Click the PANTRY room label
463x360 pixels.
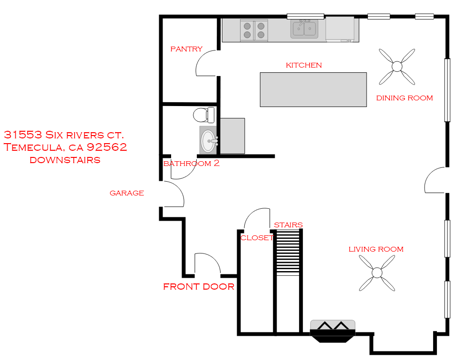[186, 49]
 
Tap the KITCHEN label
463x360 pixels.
[304, 65]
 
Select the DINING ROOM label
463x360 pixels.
[405, 98]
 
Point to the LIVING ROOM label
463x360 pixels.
[376, 249]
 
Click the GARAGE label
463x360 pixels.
[126, 193]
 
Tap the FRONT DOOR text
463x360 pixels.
[199, 286]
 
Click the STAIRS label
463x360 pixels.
[288, 225]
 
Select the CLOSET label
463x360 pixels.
[257, 238]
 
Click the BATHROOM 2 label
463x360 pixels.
[192, 163]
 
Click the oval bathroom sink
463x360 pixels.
[209, 141]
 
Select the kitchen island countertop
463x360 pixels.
[313, 89]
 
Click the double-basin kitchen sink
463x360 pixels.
[304, 29]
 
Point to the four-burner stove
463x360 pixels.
[254, 30]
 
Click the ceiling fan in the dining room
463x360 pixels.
[397, 67]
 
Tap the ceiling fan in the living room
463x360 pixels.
[377, 272]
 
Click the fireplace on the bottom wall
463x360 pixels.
[332, 331]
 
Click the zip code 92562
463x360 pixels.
[106, 147]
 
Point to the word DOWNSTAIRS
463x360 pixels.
[65, 160]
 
